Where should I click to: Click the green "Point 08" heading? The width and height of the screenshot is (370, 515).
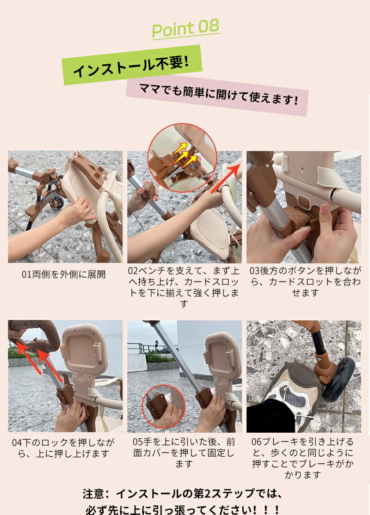(185, 29)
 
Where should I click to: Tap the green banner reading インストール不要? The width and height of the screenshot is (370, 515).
(131, 65)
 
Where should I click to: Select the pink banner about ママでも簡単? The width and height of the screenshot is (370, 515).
(217, 95)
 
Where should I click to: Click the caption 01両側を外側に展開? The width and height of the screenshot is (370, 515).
(64, 274)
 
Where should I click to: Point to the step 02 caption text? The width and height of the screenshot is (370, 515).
(184, 287)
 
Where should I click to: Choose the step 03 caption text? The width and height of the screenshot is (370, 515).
(305, 282)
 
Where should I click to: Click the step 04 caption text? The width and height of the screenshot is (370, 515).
(63, 448)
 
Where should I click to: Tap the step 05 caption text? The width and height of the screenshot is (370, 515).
(184, 453)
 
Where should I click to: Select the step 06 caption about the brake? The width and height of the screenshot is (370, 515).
(302, 458)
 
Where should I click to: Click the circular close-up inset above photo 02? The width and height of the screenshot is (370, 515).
(182, 158)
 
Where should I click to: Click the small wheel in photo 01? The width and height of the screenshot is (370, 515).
(58, 202)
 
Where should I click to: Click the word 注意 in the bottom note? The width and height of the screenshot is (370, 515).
(93, 494)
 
